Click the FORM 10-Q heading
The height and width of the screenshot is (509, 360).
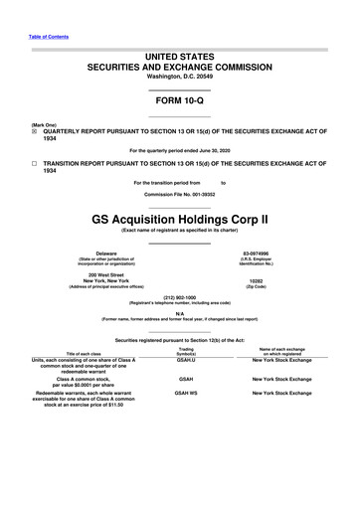(180, 101)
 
